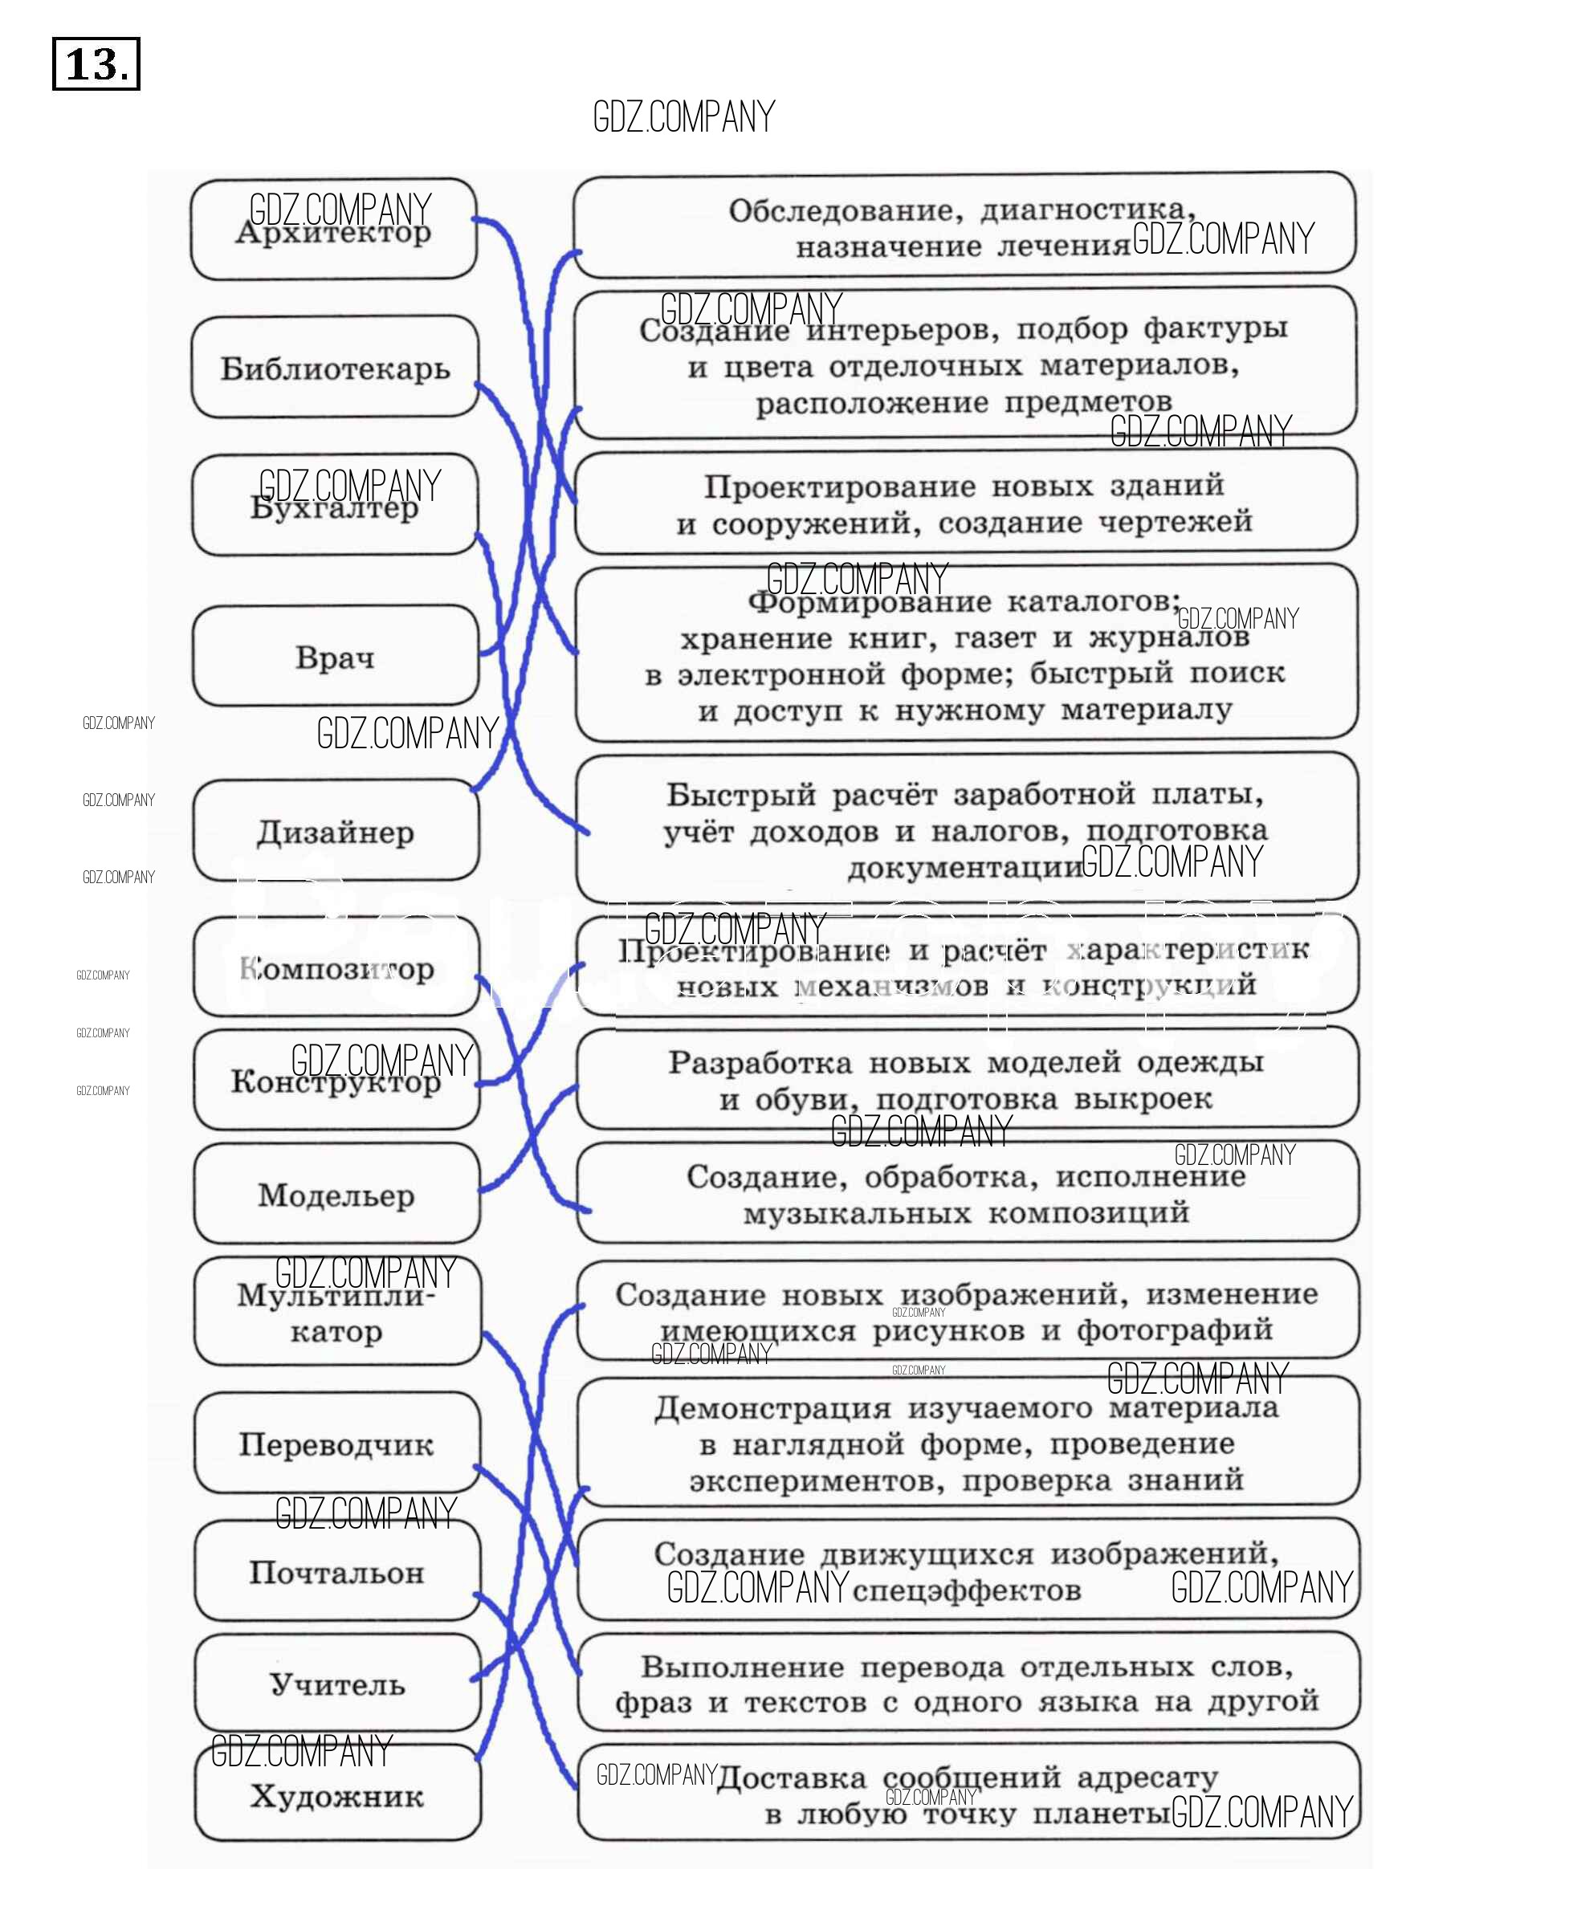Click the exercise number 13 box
point(96,63)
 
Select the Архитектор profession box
point(333,230)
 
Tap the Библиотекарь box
point(334,368)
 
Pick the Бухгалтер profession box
point(334,506)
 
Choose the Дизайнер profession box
point(336,831)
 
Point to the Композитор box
point(336,967)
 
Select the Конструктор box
point(336,1080)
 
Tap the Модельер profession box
point(336,1194)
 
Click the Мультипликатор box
point(336,1312)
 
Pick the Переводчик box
point(336,1444)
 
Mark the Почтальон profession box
point(337,1572)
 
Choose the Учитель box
point(337,1684)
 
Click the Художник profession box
point(337,1796)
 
